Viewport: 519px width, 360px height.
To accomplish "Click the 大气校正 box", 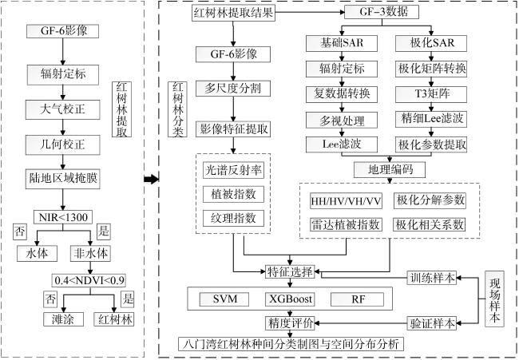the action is [63, 109].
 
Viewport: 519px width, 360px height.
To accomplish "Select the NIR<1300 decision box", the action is [63, 217].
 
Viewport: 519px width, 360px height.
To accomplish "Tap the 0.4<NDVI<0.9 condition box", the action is [89, 280].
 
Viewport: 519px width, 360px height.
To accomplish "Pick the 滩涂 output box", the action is [63, 319].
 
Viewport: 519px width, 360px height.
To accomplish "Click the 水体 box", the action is [37, 254].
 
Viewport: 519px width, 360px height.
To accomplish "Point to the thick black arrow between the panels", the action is [151, 180].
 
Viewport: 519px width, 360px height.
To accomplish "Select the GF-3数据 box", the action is [382, 12].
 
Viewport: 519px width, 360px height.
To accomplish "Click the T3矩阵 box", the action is [431, 94].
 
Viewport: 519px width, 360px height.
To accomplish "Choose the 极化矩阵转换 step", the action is [431, 69].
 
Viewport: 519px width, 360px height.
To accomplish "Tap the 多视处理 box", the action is [342, 121].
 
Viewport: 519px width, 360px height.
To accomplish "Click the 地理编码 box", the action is [390, 170].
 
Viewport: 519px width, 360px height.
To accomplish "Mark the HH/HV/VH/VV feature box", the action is [346, 201].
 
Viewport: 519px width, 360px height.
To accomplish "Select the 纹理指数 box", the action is [233, 219].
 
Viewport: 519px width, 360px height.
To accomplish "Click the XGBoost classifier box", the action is [290, 299].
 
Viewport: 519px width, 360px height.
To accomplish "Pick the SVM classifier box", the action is [224, 299].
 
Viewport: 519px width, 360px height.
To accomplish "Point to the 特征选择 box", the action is [290, 272].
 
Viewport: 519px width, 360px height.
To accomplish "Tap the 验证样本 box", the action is [432, 323].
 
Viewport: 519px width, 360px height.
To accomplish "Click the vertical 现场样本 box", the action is [494, 299].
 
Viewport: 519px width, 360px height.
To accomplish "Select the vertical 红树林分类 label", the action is [178, 109].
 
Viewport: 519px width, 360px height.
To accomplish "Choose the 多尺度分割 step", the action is [233, 89].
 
